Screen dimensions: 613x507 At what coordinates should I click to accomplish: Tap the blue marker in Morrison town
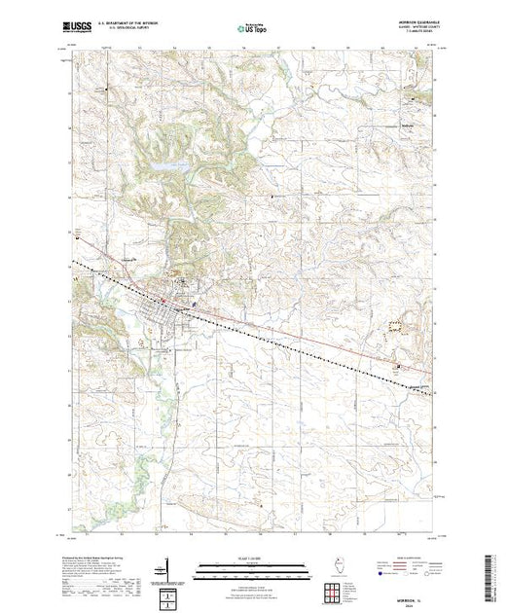tap(195, 304)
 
